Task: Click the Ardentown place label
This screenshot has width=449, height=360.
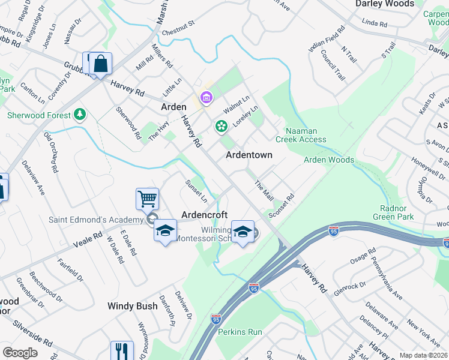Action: [249, 155]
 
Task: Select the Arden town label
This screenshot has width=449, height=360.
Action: [173, 107]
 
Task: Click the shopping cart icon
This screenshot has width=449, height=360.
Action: [147, 198]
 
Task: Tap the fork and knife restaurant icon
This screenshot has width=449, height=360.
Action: [122, 350]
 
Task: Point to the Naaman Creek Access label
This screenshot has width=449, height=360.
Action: [301, 135]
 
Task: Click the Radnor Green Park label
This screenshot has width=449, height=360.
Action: [393, 212]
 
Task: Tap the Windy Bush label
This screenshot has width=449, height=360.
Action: [132, 306]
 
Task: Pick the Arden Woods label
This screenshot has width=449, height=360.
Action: [328, 160]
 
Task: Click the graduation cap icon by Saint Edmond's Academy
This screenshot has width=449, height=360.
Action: [166, 230]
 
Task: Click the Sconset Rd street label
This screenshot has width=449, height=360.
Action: [282, 205]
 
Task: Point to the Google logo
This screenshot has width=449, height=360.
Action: [20, 352]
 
